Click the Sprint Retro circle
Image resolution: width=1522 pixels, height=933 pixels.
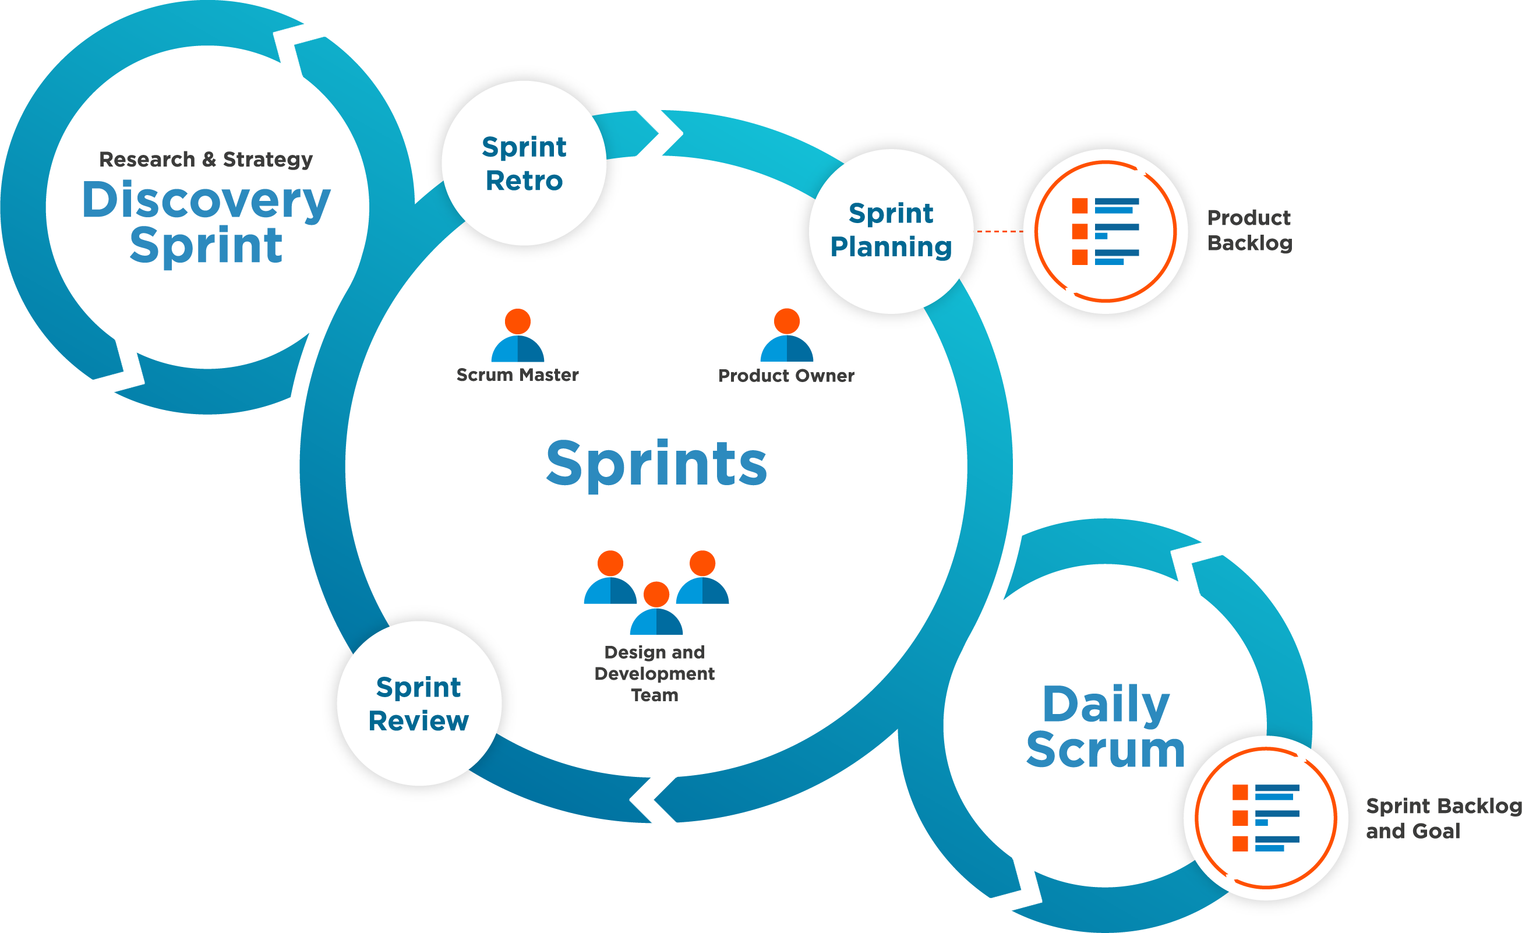pos(524,163)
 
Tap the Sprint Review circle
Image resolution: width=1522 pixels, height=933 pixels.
pos(419,704)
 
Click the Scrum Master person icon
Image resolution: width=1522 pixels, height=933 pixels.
pos(518,337)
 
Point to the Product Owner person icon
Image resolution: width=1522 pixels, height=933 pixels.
pos(786,336)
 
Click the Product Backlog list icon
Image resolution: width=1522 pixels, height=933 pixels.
pos(1105,231)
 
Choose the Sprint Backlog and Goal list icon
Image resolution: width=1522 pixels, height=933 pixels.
pos(1266,818)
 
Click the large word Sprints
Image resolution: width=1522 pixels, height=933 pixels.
pos(656,464)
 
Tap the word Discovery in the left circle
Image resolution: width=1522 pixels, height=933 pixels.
pos(206,200)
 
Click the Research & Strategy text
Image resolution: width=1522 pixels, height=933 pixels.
pos(206,160)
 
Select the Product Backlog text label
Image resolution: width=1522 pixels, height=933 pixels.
pos(1249,230)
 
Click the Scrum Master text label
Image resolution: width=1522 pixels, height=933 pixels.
pos(518,375)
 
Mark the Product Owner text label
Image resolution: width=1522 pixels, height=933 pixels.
pos(786,376)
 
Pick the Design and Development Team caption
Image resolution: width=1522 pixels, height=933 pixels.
pos(655,674)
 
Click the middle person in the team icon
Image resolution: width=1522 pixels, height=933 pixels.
pos(656,610)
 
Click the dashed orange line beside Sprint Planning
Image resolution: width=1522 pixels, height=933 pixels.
pos(1000,232)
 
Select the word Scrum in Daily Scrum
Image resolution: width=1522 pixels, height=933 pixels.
pos(1106,750)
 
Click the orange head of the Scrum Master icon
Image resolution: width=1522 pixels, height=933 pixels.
pos(518,321)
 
